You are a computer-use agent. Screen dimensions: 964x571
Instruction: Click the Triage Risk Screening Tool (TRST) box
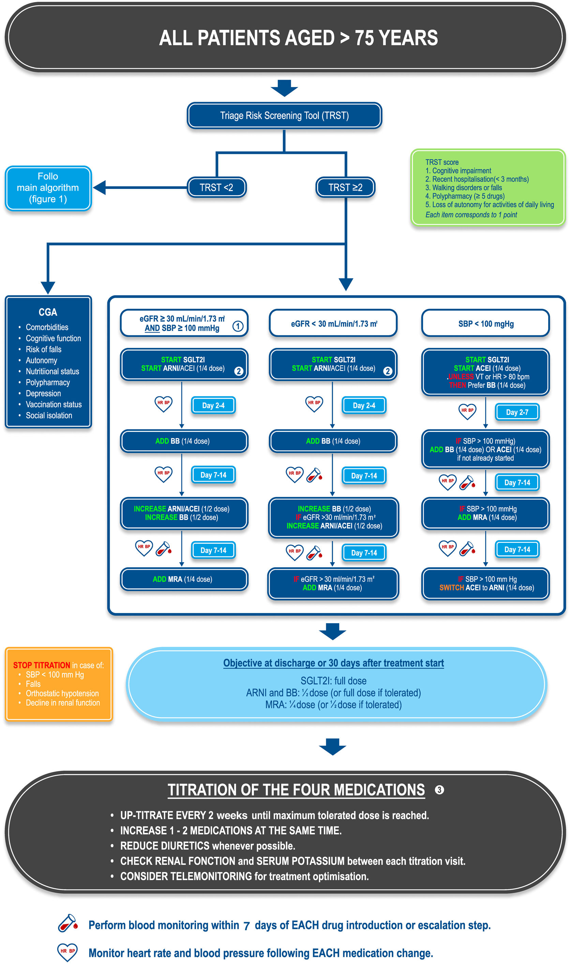(x=284, y=116)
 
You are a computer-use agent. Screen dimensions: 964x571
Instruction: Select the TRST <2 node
(x=216, y=188)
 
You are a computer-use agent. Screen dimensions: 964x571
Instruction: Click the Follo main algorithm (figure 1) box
(x=48, y=188)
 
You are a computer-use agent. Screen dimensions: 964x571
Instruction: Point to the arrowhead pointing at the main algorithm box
(x=100, y=188)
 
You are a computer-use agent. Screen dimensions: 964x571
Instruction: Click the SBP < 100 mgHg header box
(x=485, y=323)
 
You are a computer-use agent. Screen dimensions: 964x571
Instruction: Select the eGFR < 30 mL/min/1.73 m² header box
(x=333, y=323)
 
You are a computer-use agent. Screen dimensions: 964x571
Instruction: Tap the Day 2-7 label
(x=517, y=412)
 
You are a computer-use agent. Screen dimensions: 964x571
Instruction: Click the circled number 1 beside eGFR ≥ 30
(x=238, y=326)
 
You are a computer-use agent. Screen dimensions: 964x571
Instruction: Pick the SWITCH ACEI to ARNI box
(x=485, y=584)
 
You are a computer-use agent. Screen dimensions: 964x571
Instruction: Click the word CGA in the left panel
(x=48, y=312)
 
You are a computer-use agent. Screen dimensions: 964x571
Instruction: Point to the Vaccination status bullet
(x=54, y=404)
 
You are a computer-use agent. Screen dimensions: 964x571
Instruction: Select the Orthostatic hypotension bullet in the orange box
(x=62, y=693)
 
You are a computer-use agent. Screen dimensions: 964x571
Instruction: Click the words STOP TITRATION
(x=42, y=665)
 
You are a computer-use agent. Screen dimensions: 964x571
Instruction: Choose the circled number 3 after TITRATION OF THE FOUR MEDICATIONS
(x=439, y=790)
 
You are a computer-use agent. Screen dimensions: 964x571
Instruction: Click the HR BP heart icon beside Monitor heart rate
(x=67, y=952)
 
